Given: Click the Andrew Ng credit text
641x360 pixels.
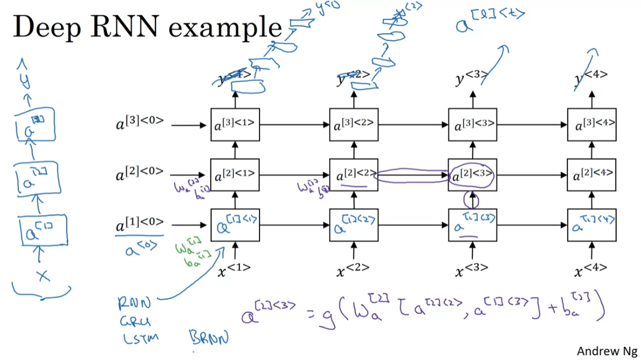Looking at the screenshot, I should [x=607, y=351].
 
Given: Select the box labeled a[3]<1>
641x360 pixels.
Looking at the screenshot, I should [x=235, y=125].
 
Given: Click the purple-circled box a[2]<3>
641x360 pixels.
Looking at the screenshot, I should [x=472, y=175].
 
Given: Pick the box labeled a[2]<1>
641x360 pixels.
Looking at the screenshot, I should [x=235, y=175].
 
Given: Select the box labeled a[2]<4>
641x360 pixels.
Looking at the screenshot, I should [x=591, y=175].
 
